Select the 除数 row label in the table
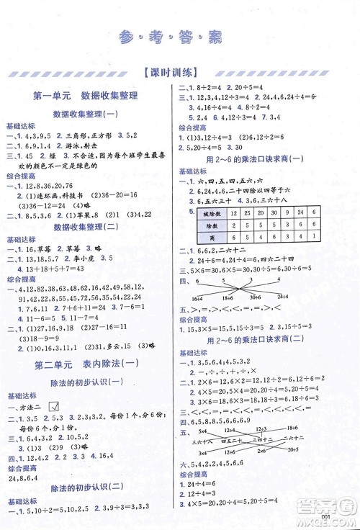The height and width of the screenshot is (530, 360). [x=207, y=226]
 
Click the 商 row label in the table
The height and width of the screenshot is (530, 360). [x=207, y=238]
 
